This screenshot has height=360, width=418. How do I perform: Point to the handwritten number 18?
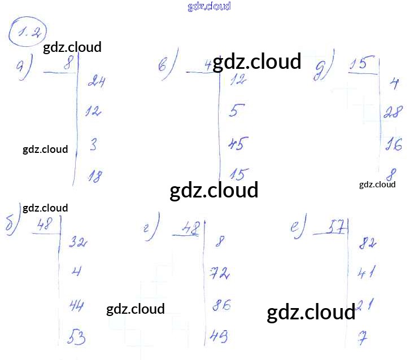pos(95,177)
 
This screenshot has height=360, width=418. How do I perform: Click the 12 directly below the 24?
pos(93,111)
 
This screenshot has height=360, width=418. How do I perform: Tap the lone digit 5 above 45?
pos(236,111)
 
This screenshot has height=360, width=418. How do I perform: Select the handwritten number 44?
pos(77,306)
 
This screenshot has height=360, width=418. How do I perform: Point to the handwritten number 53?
pos(76,338)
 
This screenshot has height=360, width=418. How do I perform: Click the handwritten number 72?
pos(219,274)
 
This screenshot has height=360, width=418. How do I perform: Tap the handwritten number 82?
pos(367,243)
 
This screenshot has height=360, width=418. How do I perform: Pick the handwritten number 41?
pos(367,275)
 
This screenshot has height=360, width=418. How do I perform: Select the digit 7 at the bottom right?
pos(363,339)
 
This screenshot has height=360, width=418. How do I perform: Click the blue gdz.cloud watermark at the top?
pos(209,6)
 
